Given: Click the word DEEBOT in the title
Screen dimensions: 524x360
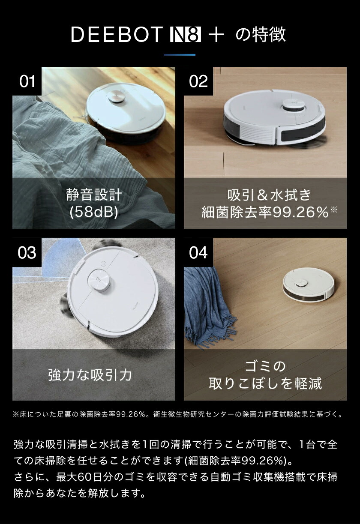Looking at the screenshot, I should [117, 35].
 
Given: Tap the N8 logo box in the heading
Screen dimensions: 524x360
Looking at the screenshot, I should [185, 35].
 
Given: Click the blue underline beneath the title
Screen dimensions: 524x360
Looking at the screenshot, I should [180, 55].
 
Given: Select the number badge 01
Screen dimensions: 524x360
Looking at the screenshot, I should [27, 81].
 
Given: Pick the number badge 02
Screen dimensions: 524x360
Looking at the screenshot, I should [198, 81].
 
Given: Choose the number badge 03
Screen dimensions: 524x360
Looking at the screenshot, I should [27, 252].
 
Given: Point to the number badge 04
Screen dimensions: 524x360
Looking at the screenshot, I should [198, 252].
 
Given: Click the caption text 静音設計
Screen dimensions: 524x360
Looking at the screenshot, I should [94, 195].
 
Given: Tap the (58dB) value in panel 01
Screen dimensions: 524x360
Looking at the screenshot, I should [94, 212].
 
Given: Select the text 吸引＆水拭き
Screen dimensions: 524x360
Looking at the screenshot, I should [269, 195].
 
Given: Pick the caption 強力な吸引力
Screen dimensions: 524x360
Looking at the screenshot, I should [90, 375].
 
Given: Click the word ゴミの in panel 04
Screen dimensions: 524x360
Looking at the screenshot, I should [265, 367].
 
